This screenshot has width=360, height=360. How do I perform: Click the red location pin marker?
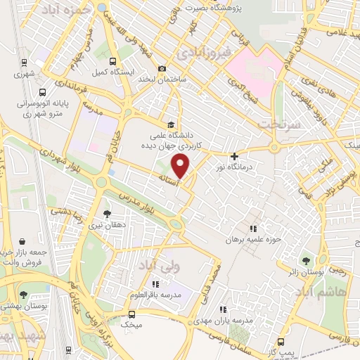click(x=181, y=166)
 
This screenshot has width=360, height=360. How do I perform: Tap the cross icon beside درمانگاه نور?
click(x=235, y=155)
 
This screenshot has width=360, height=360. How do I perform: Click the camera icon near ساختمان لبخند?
click(x=162, y=69)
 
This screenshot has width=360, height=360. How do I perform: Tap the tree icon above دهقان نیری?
click(x=108, y=213)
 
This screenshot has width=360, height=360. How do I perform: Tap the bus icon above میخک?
click(x=131, y=314)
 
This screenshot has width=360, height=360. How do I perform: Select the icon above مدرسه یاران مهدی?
click(x=224, y=309)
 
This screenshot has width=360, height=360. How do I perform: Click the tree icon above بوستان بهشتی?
click(x=23, y=295)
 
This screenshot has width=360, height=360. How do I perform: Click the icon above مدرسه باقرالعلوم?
click(x=155, y=284)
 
